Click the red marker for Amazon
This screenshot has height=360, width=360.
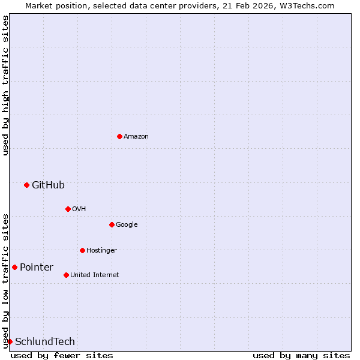pyautogui.click(x=119, y=137)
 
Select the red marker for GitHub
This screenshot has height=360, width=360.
pyautogui.click(x=26, y=185)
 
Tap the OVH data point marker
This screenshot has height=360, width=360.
pyautogui.click(x=68, y=209)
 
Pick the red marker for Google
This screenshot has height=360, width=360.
pyautogui.click(x=112, y=224)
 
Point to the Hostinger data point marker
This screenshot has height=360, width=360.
pyautogui.click(x=82, y=250)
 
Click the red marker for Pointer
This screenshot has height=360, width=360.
pyautogui.click(x=14, y=267)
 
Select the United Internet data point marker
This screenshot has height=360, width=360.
pyautogui.click(x=66, y=275)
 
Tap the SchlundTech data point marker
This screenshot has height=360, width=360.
pyautogui.click(x=10, y=341)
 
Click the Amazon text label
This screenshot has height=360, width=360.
pyautogui.click(x=136, y=137)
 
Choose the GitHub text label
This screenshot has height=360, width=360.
pyautogui.click(x=48, y=185)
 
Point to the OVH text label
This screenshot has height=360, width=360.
pyautogui.click(x=79, y=209)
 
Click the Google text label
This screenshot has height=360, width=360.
pyautogui.click(x=127, y=224)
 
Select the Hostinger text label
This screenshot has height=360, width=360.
pyautogui.click(x=101, y=250)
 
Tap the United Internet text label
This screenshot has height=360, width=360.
pyautogui.click(x=94, y=275)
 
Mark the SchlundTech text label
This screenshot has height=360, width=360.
pyautogui.click(x=45, y=341)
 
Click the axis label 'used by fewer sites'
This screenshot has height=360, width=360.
pyautogui.click(x=62, y=355)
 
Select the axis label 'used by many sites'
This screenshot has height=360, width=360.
pyautogui.click(x=301, y=355)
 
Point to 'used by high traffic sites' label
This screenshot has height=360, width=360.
pyautogui.click(x=5, y=86)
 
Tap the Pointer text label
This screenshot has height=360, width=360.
pyautogui.click(x=37, y=267)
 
